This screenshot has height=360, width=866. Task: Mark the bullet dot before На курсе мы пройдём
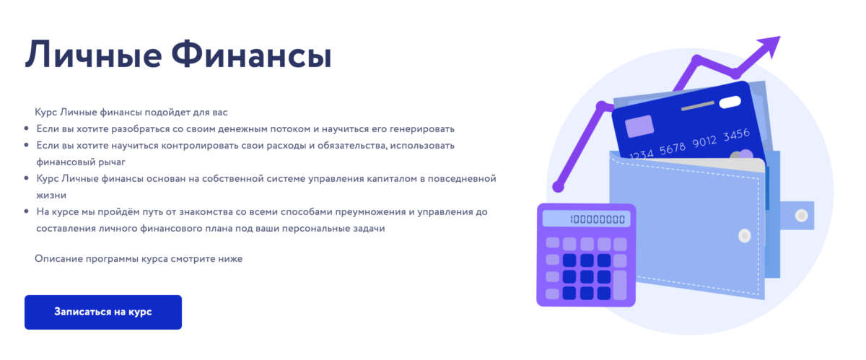pos(26,212)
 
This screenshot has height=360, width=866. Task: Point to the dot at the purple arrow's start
pos(558,187)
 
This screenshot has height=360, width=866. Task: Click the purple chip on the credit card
pos(639,126)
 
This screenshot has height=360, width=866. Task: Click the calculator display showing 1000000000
pos(586,219)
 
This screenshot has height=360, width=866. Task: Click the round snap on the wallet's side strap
pos(800,216)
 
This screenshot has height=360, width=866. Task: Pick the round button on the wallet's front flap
pos(745,234)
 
